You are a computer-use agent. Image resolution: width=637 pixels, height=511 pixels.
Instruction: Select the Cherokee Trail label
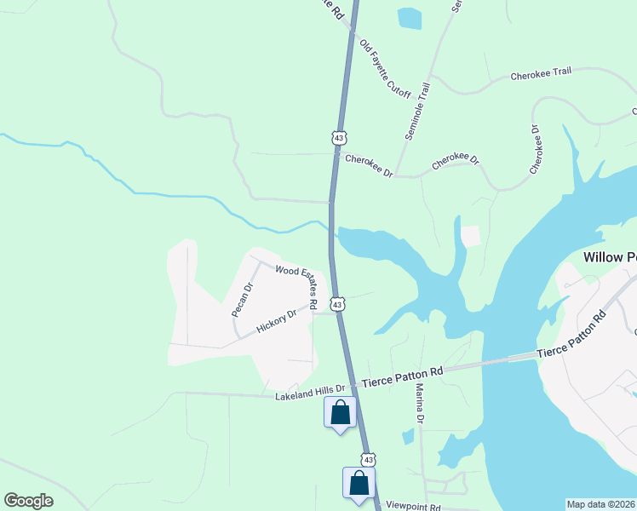point(541,74)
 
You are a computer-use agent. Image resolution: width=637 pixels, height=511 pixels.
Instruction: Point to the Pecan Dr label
point(244,300)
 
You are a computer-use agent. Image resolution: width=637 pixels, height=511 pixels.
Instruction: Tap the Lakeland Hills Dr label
point(310,393)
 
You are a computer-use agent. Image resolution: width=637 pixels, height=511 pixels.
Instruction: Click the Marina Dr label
point(420,404)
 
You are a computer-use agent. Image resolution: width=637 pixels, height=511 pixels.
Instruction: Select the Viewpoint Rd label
point(412,507)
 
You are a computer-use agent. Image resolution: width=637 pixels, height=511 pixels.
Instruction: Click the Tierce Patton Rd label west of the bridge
point(403,376)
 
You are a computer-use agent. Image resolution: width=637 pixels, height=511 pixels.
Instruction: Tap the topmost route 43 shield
point(340,137)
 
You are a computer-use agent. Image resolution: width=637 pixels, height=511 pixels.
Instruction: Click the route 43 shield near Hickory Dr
point(338,303)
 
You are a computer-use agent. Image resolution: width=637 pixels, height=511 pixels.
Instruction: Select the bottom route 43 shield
point(366,459)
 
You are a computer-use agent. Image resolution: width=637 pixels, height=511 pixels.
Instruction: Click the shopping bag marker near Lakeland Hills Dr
point(340,412)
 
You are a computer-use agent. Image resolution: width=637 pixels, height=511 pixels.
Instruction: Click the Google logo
point(28,501)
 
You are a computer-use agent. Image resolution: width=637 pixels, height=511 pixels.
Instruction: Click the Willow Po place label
point(610,256)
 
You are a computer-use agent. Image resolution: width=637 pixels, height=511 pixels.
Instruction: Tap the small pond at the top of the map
point(410,18)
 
